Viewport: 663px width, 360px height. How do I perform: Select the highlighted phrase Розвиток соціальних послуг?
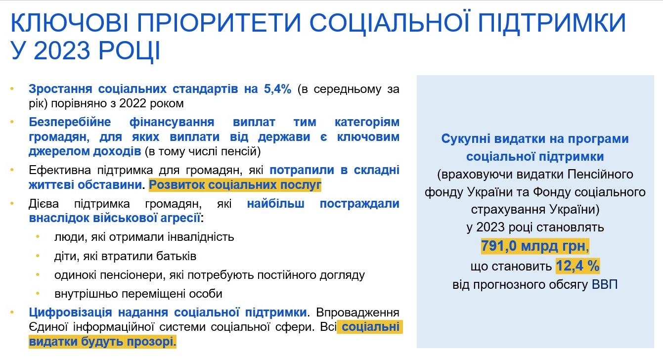click(235, 185)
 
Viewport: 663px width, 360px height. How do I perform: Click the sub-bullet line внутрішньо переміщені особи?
click(138, 293)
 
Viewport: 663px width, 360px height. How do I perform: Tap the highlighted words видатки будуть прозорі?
click(102, 342)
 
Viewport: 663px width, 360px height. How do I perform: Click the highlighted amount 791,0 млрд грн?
click(535, 246)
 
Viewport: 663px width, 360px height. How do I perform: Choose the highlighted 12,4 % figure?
click(577, 266)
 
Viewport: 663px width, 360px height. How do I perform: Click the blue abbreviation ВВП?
click(605, 285)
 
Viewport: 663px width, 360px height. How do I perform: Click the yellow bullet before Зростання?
click(11, 90)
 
